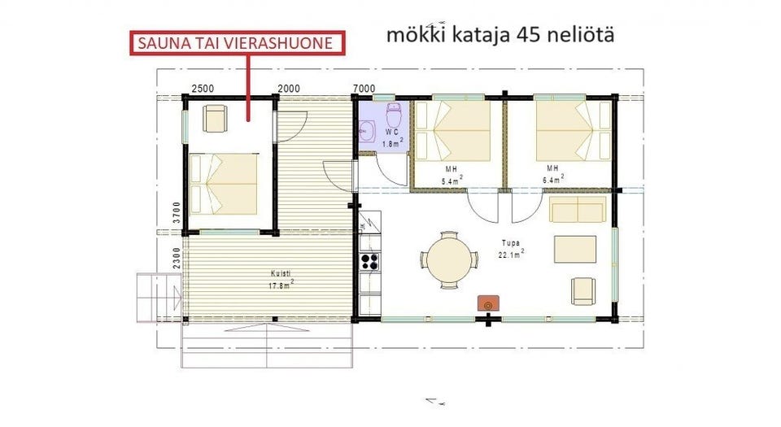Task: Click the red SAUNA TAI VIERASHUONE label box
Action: (236, 43)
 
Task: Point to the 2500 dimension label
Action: (203, 88)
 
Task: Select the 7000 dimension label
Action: (364, 88)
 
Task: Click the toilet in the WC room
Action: (393, 113)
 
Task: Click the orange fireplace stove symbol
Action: (488, 303)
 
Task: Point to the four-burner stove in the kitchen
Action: (369, 261)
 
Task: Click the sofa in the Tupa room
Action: (578, 210)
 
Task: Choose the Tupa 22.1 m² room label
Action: (512, 248)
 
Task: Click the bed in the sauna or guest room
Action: (224, 182)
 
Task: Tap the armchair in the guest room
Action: (216, 119)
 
